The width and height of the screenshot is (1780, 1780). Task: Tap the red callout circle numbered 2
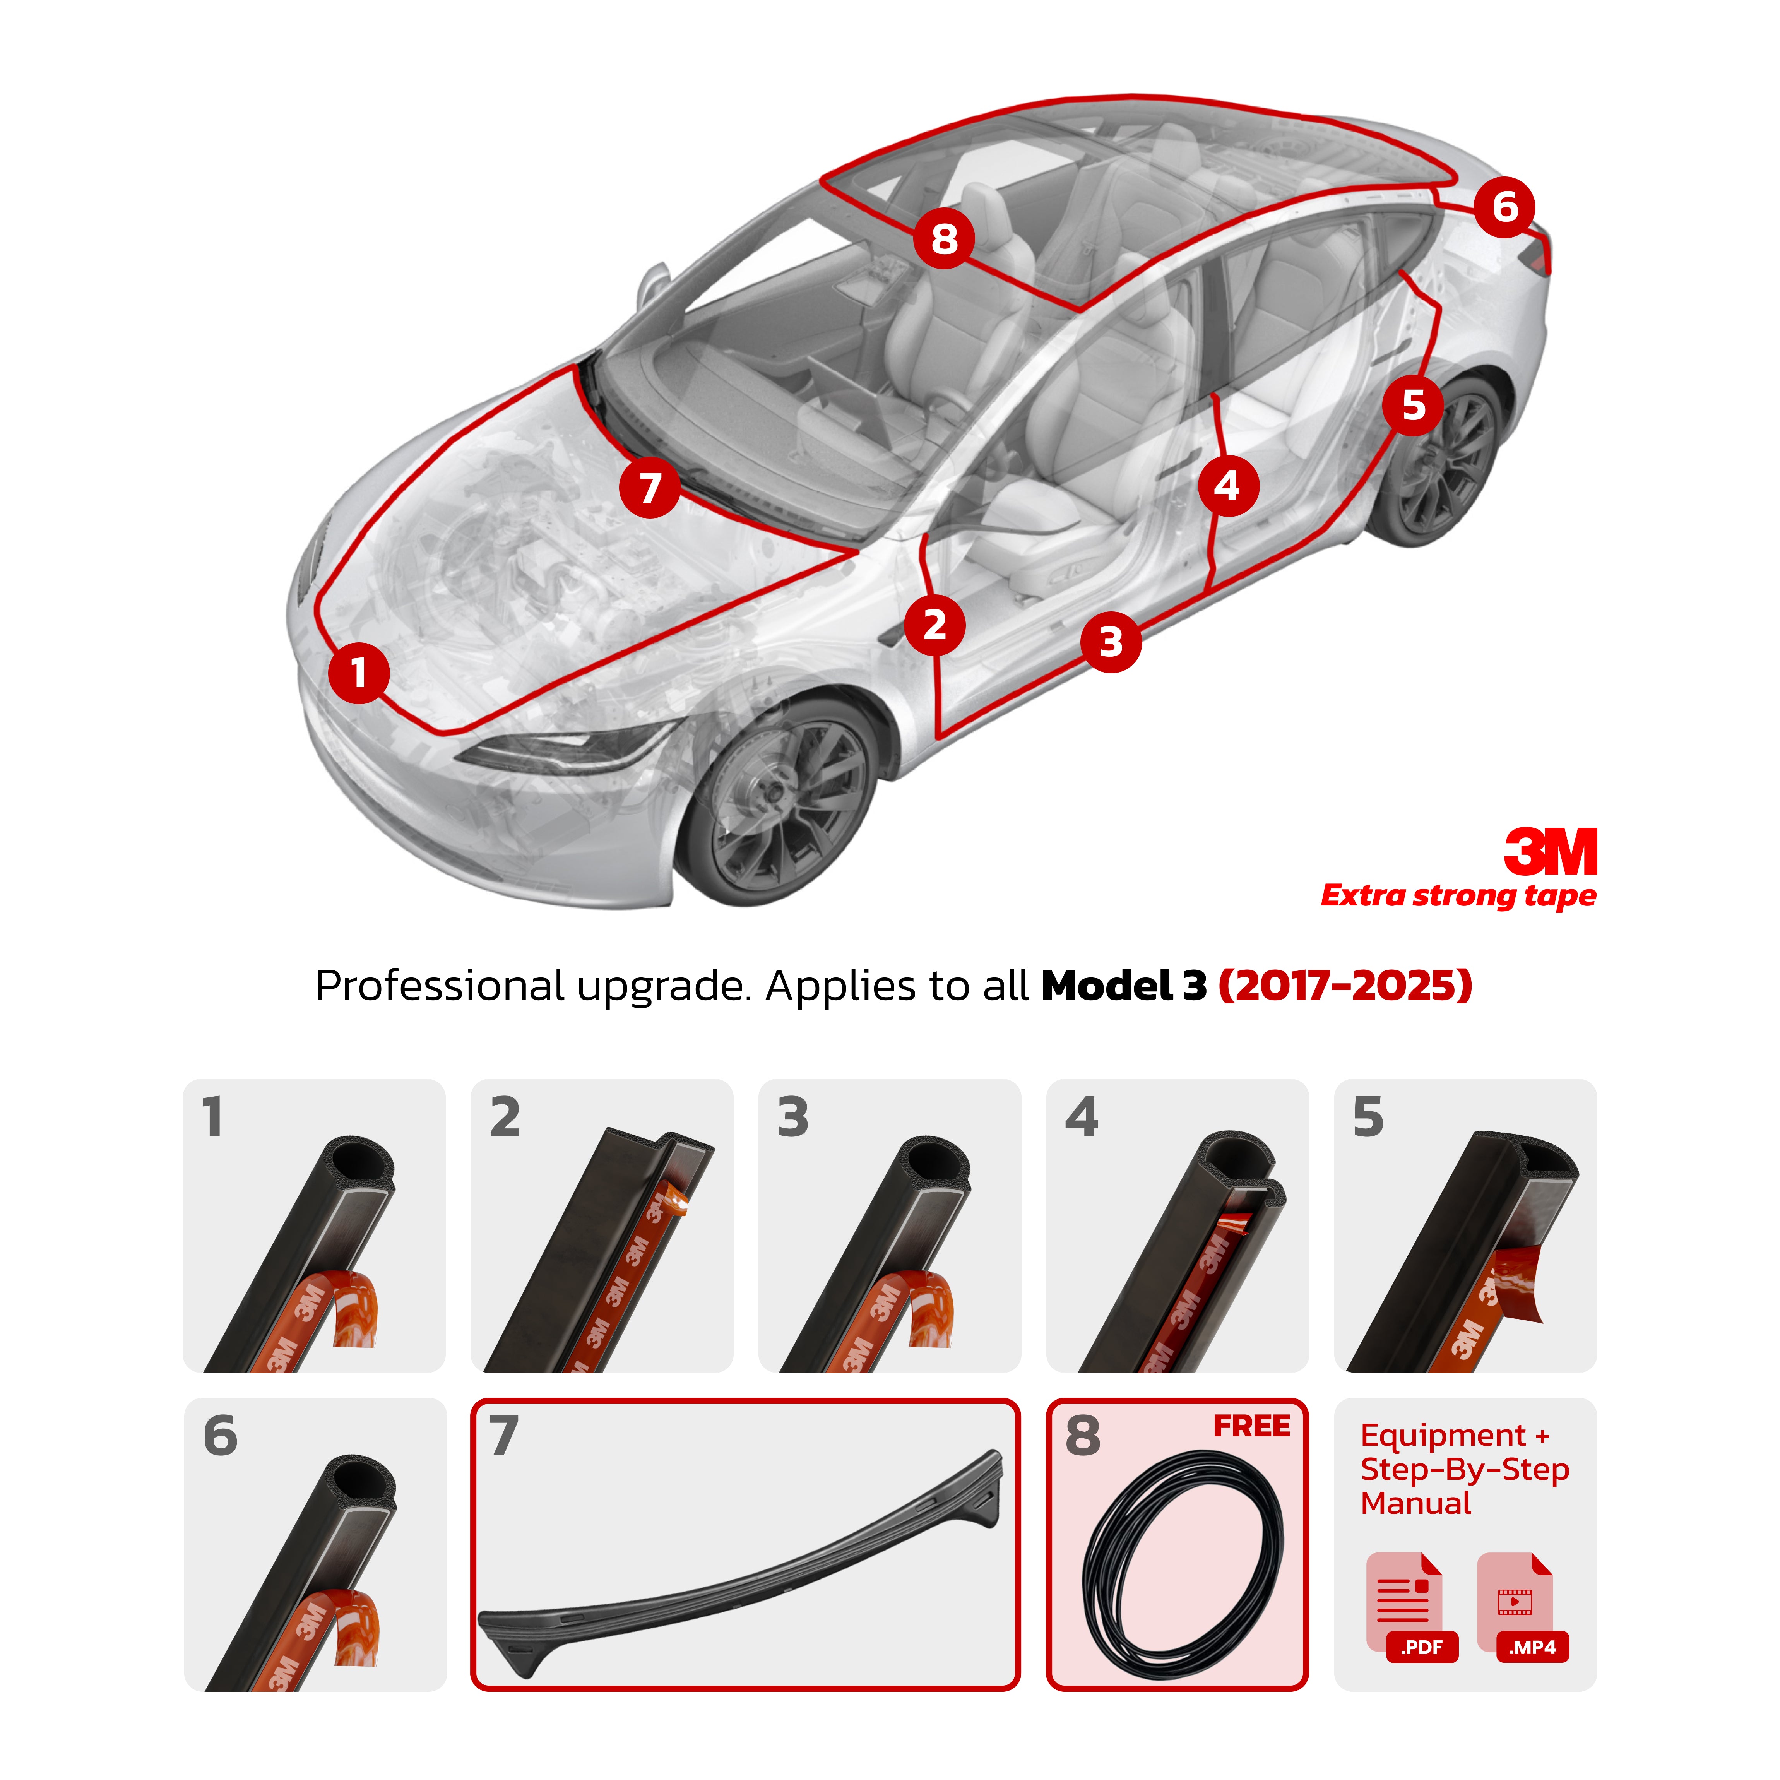[x=934, y=626]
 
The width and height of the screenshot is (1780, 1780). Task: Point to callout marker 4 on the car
[x=1228, y=486]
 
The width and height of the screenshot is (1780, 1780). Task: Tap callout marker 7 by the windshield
[x=650, y=488]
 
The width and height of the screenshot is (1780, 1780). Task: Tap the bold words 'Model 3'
[x=1123, y=986]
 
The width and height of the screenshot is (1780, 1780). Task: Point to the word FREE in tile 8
[x=1251, y=1426]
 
